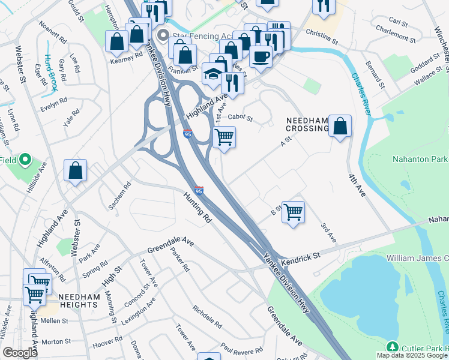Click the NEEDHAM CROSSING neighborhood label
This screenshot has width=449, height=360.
point(306,124)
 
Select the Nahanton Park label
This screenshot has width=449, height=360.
point(420,159)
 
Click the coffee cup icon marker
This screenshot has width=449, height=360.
point(261,57)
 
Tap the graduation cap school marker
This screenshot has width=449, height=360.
point(212,74)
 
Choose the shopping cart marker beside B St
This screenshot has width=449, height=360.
point(293,212)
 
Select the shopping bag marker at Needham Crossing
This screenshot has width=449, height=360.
point(340,127)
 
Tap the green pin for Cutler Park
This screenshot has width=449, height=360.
point(392,347)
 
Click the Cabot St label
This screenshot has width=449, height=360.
point(241,118)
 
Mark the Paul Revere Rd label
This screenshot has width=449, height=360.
point(241,347)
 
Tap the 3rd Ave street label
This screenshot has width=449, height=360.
point(327,232)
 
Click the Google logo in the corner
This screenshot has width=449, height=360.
point(20,353)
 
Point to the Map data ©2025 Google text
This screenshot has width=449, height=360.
point(412,355)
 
